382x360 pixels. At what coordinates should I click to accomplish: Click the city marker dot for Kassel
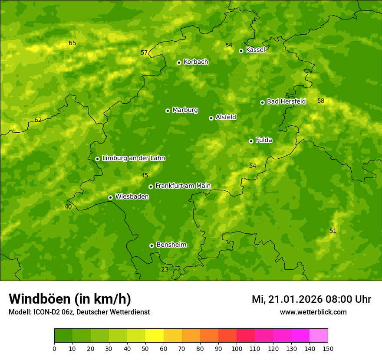pos(241,51)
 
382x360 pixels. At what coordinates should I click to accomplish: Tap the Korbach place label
pos(196,62)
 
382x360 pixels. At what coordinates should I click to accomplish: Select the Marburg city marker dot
pos(168,111)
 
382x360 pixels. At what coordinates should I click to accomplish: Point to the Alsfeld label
pos(226,117)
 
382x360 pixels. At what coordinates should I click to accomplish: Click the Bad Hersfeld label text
pos(286,101)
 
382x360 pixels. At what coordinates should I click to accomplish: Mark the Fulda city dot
pos(251,141)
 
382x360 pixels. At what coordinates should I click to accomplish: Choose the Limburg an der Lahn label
pos(133,158)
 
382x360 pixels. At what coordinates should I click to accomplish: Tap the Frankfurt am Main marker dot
pos(151,187)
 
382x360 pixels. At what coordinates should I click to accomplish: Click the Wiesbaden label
pos(132,196)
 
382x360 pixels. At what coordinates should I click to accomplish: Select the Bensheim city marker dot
pos(151,245)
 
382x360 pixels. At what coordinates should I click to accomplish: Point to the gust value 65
pos(72,43)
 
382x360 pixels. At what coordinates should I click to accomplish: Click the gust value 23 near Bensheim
pos(165,269)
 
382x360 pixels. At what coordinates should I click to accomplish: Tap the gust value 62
pos(38,120)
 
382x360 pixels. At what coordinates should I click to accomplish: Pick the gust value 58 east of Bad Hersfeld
pos(321,101)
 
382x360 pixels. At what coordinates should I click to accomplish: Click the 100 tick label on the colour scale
pos(237,348)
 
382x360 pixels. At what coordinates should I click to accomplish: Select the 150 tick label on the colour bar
pos(328,348)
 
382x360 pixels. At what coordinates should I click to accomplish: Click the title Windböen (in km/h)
pos(70,299)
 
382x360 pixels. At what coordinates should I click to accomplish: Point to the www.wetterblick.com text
pos(313,312)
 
